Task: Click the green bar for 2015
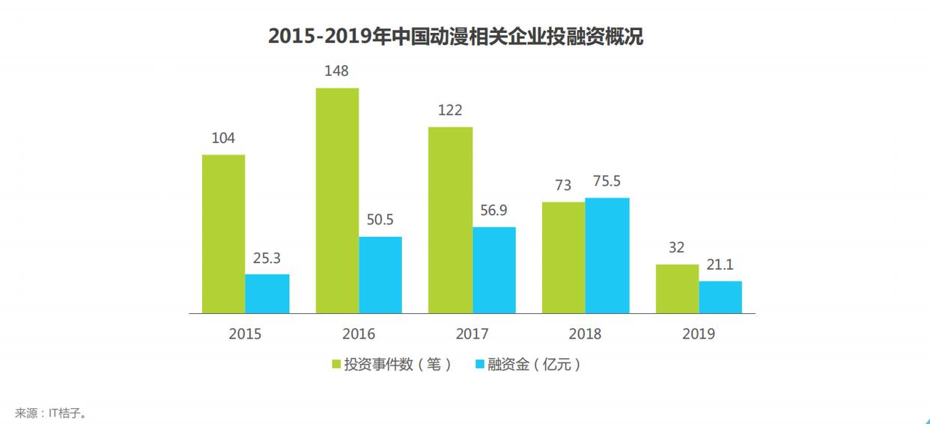(x=223, y=234)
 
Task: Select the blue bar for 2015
(x=267, y=294)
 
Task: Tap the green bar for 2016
(x=337, y=200)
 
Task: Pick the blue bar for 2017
(x=493, y=270)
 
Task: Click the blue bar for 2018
(x=607, y=255)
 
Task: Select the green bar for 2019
(x=677, y=288)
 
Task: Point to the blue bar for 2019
(x=720, y=297)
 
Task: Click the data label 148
(x=336, y=71)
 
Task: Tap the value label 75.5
(x=607, y=181)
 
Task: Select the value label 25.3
(x=267, y=258)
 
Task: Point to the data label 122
(x=449, y=110)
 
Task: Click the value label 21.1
(x=720, y=264)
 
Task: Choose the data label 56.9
(x=493, y=211)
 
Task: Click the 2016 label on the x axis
(x=359, y=334)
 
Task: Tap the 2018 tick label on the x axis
(x=585, y=334)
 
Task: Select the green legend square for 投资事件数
(x=336, y=365)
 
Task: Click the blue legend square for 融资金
(x=479, y=365)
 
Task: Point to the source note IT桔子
(x=50, y=413)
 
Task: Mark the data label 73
(x=563, y=186)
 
